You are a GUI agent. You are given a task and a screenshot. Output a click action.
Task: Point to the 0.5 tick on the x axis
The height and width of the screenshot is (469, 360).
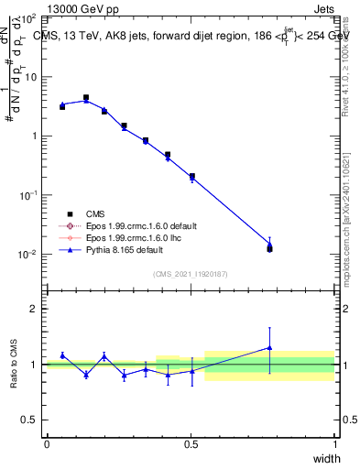tap(191, 444)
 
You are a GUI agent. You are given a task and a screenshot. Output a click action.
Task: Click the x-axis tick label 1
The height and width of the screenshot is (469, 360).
tap(334, 444)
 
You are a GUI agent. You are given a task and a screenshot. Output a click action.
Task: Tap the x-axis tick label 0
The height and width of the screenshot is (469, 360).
tap(47, 444)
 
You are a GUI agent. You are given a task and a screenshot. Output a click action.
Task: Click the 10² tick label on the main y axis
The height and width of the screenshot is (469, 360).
tap(29, 18)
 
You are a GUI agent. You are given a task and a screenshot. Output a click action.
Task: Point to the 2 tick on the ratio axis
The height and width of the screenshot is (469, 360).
tap(34, 309)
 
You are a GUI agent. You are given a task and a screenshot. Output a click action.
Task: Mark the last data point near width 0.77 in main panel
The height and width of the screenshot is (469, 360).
tap(269, 248)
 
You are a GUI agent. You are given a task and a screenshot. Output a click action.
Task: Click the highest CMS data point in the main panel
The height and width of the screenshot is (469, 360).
tap(86, 97)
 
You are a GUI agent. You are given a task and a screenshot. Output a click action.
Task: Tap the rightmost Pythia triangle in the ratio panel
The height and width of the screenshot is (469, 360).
tap(269, 347)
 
